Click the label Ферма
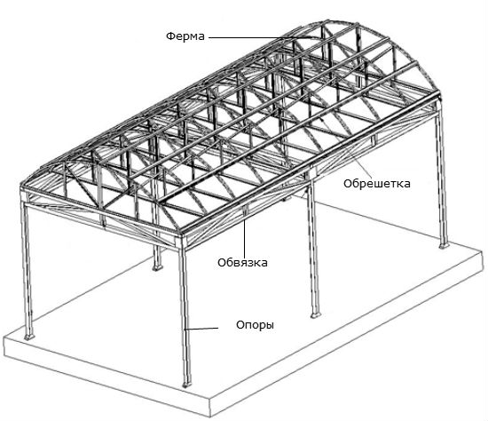click(x=185, y=36)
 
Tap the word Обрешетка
click(x=377, y=184)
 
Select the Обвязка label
click(x=242, y=263)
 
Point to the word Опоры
click(x=256, y=325)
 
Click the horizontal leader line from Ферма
click(x=262, y=37)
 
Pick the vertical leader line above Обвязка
click(x=245, y=237)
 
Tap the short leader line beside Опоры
click(x=201, y=329)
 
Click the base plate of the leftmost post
click(x=29, y=338)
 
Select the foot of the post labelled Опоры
click(x=186, y=385)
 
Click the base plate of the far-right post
click(x=444, y=246)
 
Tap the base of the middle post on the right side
click(x=316, y=315)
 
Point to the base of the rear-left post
click(x=157, y=267)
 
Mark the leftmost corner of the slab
click(x=4, y=338)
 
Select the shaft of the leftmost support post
click(x=28, y=268)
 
